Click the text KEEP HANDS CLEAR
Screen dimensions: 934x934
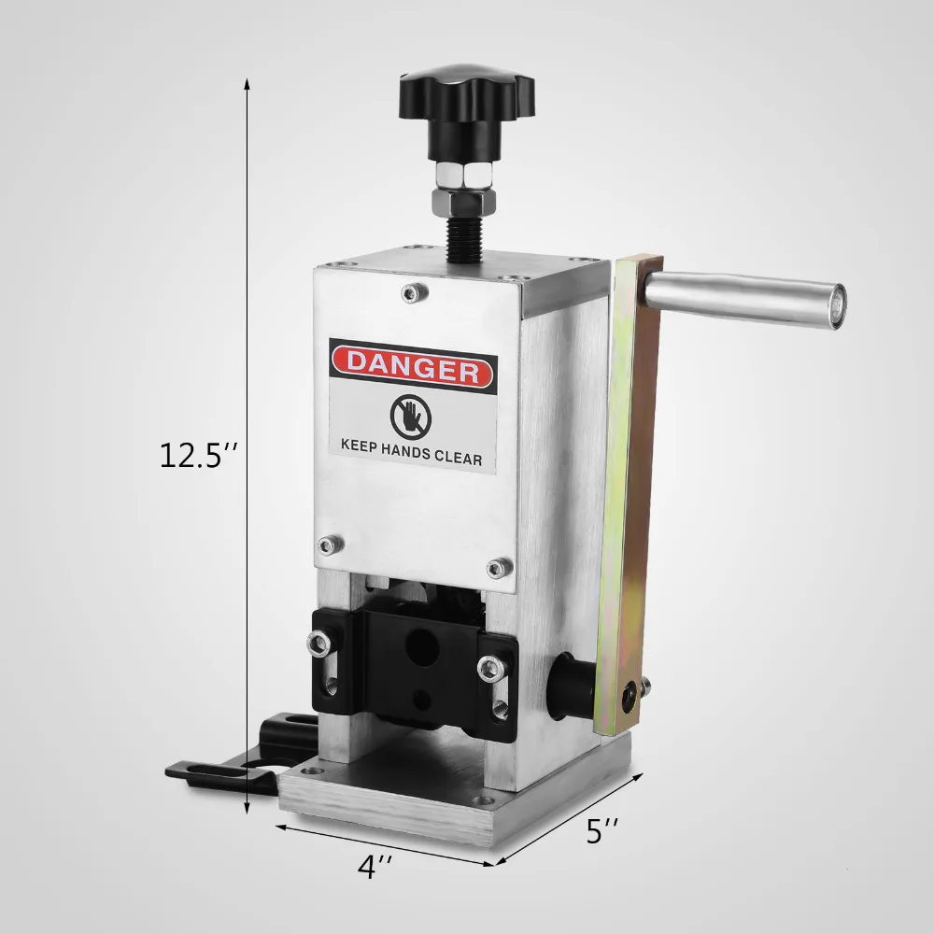[411, 458]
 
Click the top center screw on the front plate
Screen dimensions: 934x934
[412, 293]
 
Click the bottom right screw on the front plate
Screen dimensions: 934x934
[496, 567]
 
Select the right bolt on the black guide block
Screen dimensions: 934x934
[486, 667]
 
